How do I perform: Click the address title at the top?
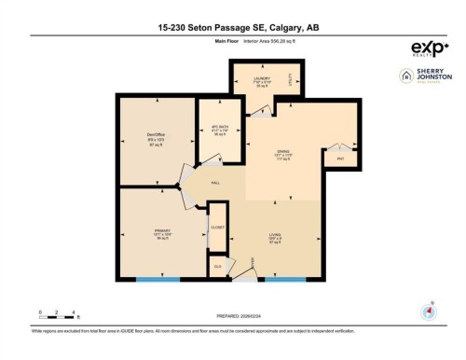pos(232,28)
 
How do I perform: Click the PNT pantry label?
pos(341,159)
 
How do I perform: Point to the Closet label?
pos(217,227)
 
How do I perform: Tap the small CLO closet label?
pos(217,266)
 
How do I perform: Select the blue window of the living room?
pos(284,279)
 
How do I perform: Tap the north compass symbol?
pos(430,312)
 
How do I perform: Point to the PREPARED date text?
pos(232,314)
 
